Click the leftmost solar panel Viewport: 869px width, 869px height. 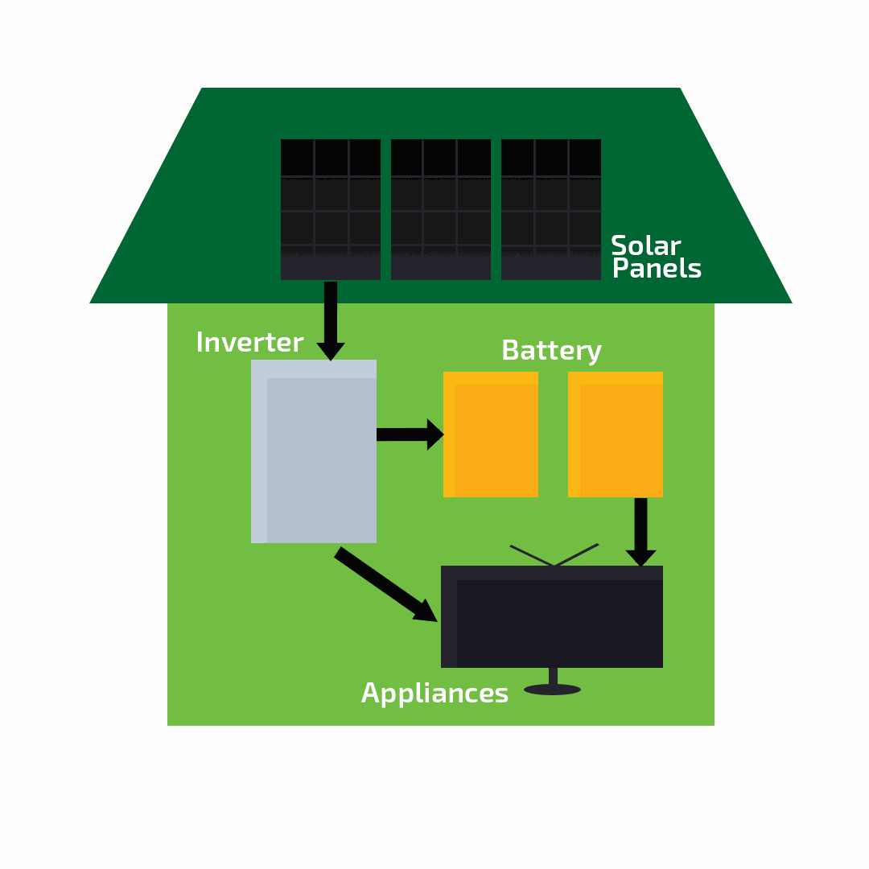coord(330,209)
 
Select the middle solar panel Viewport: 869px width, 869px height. coord(440,209)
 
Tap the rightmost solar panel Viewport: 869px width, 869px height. coord(550,209)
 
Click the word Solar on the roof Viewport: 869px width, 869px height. coord(645,246)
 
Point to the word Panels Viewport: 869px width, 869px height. coord(657,270)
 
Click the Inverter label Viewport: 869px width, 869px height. coord(249,344)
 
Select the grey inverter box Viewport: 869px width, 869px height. coord(314,451)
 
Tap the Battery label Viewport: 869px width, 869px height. coord(551,352)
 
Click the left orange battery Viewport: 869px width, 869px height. coord(491,434)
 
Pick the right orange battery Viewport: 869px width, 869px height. coord(616,434)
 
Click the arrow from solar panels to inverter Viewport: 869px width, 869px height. coord(331,318)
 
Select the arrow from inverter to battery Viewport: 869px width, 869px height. coord(406,434)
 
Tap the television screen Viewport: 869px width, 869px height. coord(555,620)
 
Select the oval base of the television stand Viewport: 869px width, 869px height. coord(552,690)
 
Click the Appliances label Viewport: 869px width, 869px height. coord(434,694)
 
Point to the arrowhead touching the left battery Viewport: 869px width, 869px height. coord(434,434)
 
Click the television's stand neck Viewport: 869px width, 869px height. coord(553,676)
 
